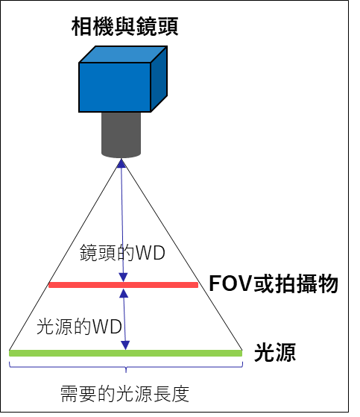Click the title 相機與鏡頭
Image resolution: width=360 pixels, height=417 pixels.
pos(125,26)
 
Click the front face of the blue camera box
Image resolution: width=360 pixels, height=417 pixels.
pos(115,87)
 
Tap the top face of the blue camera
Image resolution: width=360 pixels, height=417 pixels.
pos(123,54)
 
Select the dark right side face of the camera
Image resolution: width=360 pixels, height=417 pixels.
pos(160,79)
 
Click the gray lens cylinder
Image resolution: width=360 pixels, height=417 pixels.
pos(121,135)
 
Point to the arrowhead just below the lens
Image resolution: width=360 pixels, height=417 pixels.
pos(121,163)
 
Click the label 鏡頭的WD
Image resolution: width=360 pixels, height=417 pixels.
pos(122,253)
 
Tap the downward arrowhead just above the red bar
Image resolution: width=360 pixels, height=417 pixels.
pos(123,278)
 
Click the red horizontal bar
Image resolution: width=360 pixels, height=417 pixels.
pos(123,285)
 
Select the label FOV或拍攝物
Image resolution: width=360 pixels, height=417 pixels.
pos(274,283)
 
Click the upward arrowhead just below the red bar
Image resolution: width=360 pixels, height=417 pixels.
pos(124,293)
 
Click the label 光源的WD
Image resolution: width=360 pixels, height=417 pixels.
pos(79,327)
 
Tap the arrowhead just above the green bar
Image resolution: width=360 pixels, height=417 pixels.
pos(125,345)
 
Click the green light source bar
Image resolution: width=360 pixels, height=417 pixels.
pos(126,353)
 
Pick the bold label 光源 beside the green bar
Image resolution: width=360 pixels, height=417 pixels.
pos(275,352)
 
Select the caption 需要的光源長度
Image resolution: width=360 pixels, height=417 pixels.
pos(125,394)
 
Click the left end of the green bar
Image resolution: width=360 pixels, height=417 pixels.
pos(10,353)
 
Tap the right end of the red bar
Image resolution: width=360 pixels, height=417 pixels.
pos(198,285)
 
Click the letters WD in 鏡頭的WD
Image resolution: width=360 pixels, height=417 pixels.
pos(151,253)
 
